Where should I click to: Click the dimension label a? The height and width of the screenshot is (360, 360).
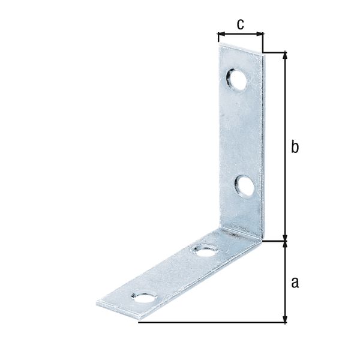(x=295, y=283)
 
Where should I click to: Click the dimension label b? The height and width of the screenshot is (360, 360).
(x=295, y=148)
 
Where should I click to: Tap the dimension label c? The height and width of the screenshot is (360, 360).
(x=240, y=24)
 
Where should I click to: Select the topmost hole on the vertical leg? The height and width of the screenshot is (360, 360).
(x=236, y=80)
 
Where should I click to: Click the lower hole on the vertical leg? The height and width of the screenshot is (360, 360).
(x=245, y=185)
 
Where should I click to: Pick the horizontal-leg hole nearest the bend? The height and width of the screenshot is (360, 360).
(x=205, y=250)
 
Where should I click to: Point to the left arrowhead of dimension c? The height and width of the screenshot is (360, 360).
(x=220, y=35)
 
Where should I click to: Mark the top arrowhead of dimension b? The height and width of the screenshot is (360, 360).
(x=286, y=56)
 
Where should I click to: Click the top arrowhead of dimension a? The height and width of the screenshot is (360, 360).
(x=286, y=245)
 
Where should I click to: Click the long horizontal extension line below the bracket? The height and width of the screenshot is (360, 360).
(x=210, y=323)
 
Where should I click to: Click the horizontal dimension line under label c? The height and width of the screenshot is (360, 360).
(x=240, y=35)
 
